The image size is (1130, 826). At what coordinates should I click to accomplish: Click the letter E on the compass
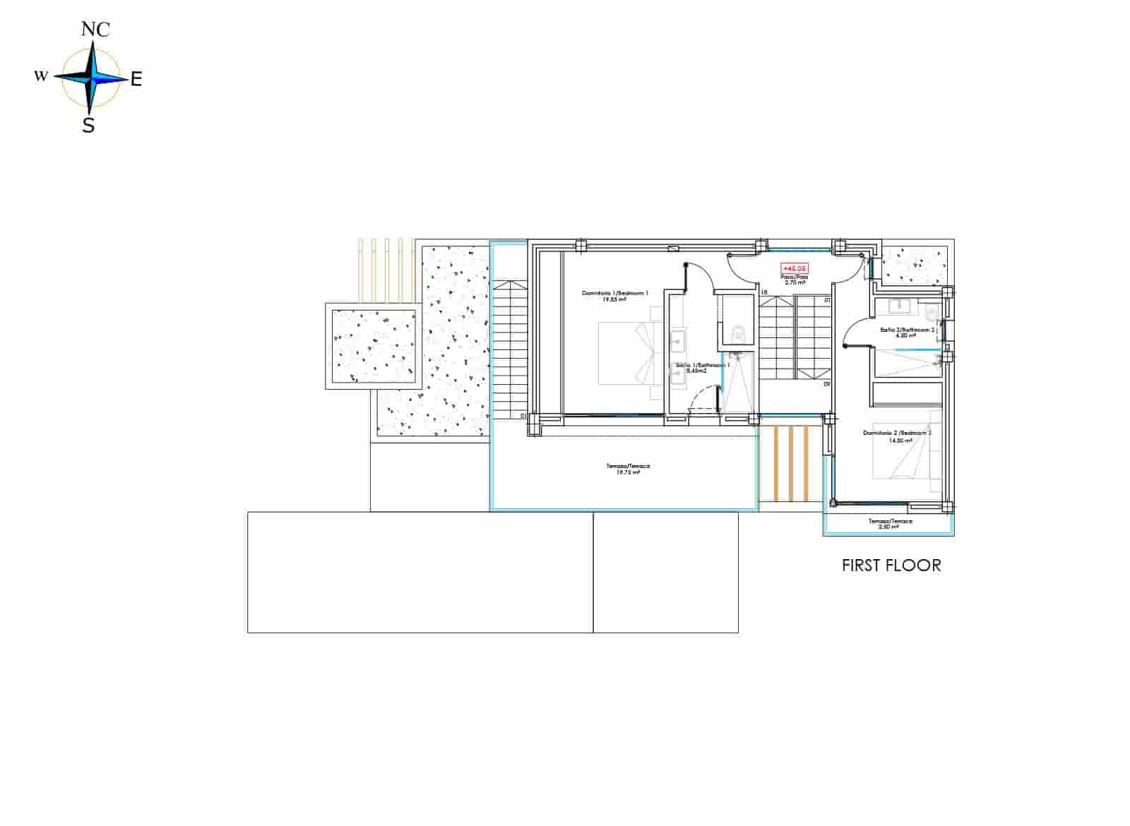pos(136,79)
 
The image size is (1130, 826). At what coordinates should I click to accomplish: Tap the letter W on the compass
pos(41,76)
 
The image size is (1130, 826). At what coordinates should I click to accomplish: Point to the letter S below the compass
pos(88,126)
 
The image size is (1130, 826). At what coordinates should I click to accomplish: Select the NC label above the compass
pos(95,29)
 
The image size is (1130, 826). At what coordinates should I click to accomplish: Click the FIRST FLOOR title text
pos(891,565)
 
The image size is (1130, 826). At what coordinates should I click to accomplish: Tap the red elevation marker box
pos(794,268)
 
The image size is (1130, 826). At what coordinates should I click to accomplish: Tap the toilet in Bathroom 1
pos(739,333)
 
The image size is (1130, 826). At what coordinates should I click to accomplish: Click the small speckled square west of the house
pos(374,345)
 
